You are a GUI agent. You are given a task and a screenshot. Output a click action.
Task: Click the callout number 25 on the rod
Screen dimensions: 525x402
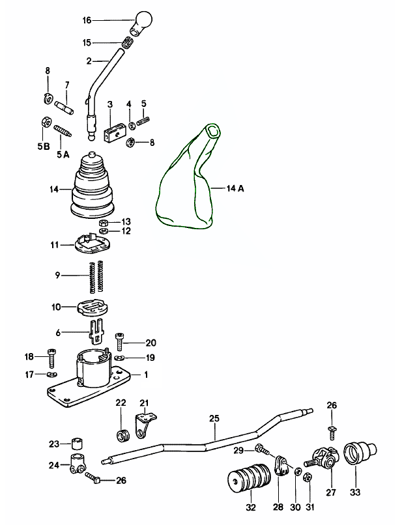[214, 419]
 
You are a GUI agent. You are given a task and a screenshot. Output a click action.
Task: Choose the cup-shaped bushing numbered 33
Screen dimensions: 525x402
[358, 455]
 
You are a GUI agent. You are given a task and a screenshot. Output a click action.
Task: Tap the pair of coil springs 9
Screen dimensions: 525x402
[96, 276]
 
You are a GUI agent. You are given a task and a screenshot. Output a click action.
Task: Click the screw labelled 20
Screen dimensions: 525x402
[120, 340]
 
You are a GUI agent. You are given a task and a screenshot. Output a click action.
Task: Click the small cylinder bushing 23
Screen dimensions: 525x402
[78, 444]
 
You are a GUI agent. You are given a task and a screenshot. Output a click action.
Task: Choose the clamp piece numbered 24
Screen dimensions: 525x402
[78, 465]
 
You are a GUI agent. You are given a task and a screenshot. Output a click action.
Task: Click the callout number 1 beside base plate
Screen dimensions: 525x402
[146, 375]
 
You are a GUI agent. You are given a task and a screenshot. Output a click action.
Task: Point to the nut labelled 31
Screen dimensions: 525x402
[309, 475]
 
